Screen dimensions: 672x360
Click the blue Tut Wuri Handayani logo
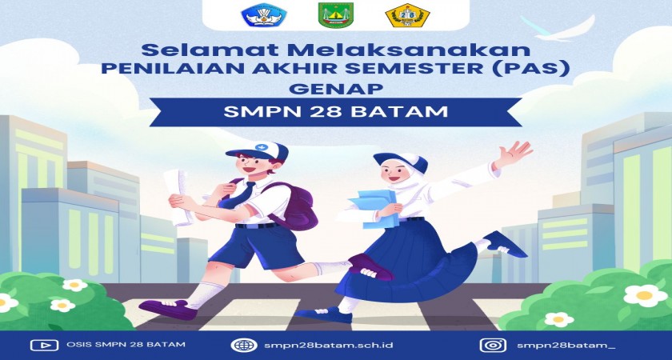[264, 15]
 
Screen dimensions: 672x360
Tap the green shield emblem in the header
[335, 16]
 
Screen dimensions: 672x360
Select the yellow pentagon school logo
[407, 15]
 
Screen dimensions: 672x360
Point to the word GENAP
[336, 89]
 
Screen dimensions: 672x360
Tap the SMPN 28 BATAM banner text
[335, 112]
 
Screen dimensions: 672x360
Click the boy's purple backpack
[296, 206]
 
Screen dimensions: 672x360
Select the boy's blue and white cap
[257, 151]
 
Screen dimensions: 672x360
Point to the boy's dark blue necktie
[238, 196]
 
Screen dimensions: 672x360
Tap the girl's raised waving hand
[514, 154]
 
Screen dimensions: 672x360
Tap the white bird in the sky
[557, 29]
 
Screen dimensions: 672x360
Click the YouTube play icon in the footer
[44, 345]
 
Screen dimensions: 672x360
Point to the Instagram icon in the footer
[493, 345]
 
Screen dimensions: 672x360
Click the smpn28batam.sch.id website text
[329, 345]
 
